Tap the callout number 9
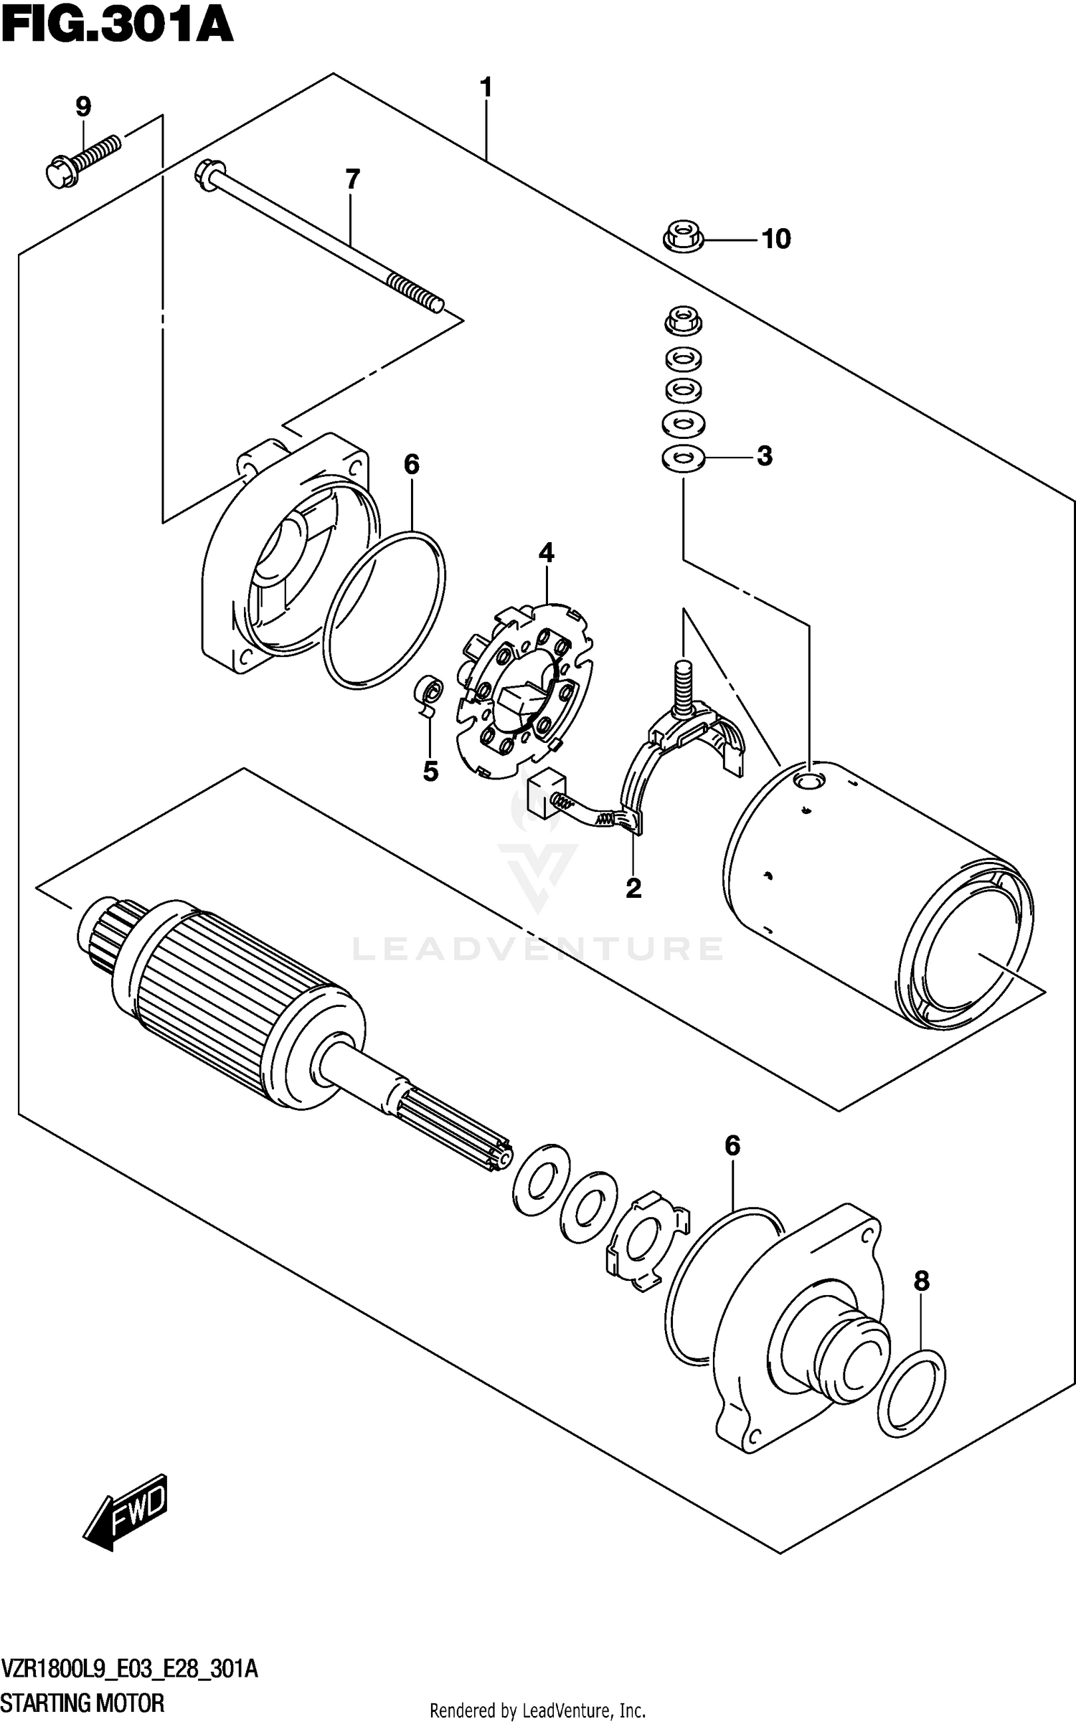click(83, 108)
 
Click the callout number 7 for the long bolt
click(351, 179)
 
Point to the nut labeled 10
click(681, 238)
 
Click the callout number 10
click(776, 239)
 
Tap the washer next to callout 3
click(683, 457)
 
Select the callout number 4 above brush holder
click(547, 553)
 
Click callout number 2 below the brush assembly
click(633, 889)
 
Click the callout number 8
click(921, 1281)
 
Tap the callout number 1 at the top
click(486, 88)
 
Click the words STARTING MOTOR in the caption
click(83, 1702)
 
